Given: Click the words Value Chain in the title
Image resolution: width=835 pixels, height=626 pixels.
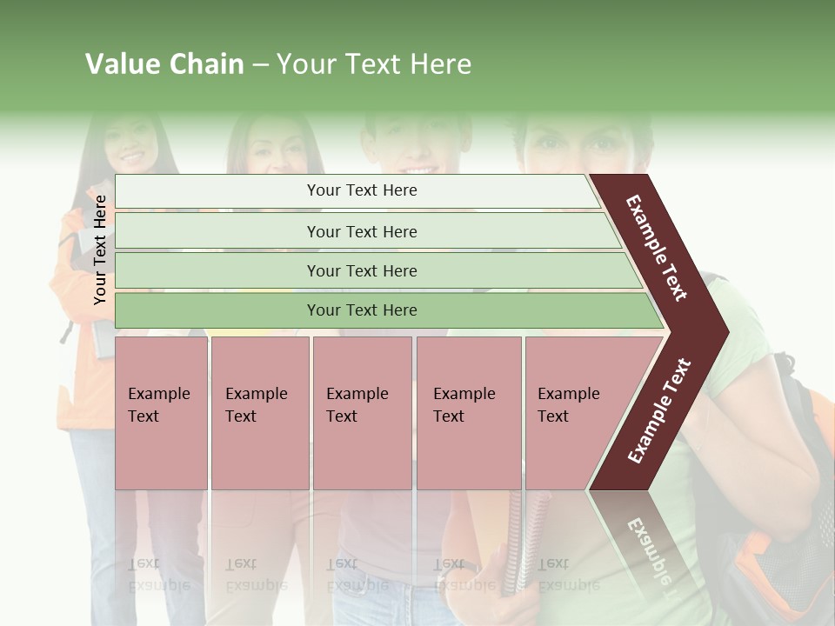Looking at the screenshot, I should pos(164,64).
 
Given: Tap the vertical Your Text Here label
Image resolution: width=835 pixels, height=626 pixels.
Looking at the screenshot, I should pos(100,250).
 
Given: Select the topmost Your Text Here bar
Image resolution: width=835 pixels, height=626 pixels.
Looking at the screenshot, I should pos(362,190).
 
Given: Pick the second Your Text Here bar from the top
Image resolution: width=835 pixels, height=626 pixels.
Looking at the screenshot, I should pos(362,231).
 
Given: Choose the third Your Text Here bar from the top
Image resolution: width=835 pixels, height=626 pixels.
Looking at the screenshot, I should pos(362,270).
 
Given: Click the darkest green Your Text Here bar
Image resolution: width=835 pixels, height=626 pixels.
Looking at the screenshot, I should pos(362,310).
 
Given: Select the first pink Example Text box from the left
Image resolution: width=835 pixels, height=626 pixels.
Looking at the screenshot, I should pos(161,412).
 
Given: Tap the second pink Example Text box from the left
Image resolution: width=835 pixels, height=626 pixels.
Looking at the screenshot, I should pos(259,412).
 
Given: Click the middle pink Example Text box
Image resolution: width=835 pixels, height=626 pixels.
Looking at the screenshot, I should pos(362,412).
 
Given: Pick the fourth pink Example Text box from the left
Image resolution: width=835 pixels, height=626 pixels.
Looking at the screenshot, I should pos(469,412).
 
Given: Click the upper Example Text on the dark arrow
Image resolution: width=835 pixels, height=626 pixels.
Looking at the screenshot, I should pos(658,248).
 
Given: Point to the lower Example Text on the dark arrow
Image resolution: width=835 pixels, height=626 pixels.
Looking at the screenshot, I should pos(659,411).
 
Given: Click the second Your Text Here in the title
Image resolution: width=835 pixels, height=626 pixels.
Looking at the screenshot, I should pos(374,64).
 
